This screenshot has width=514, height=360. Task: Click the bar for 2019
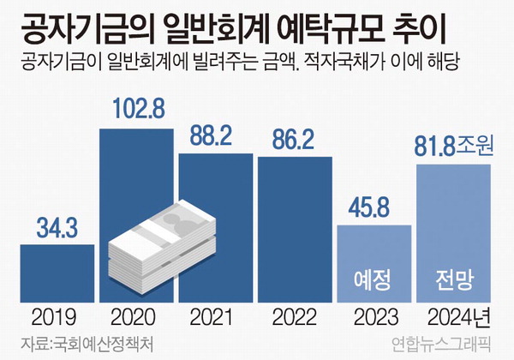click(57, 272)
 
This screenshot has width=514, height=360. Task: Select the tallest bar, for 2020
click(136, 171)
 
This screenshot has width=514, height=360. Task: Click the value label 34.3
click(57, 228)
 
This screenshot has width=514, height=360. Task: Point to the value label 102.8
click(136, 111)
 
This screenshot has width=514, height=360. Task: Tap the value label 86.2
click(294, 140)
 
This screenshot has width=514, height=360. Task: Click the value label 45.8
click(374, 208)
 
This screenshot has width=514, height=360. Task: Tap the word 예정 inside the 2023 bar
click(374, 279)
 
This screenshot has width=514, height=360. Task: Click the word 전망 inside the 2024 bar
click(453, 279)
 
